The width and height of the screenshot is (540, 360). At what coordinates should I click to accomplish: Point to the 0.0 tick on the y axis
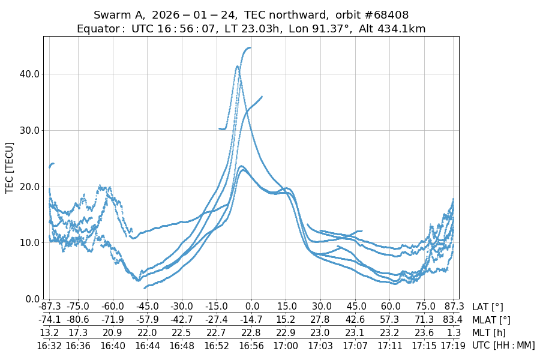tap(31, 299)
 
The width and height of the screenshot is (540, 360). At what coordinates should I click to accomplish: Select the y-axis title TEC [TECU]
tap(10, 167)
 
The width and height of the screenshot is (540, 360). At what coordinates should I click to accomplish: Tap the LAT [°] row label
tap(488, 307)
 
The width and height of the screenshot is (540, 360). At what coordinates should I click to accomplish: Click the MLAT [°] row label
tap(491, 320)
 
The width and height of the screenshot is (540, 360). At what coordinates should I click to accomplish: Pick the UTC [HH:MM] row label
tap(503, 345)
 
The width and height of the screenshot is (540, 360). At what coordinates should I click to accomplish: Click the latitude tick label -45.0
tap(147, 307)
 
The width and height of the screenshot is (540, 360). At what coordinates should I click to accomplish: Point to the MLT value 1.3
tap(454, 332)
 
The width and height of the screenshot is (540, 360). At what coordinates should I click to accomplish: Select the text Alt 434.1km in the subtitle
tap(392, 29)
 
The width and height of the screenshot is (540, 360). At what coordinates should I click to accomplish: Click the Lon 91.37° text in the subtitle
tap(322, 29)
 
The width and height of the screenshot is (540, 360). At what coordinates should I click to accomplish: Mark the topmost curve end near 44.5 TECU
tap(249, 48)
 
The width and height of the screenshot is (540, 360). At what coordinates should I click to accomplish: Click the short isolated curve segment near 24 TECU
tap(52, 164)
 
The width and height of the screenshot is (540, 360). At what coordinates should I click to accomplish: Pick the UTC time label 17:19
tap(454, 345)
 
